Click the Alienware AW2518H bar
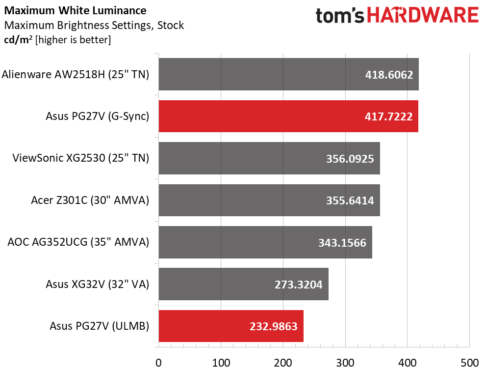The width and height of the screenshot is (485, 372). pyautogui.click(x=288, y=74)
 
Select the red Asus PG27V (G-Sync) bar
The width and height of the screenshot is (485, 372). pyautogui.click(x=288, y=116)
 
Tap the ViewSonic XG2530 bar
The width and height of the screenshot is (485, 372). pyautogui.click(x=269, y=158)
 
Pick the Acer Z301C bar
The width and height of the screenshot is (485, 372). pyautogui.click(x=269, y=200)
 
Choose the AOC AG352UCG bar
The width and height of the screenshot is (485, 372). pyautogui.click(x=265, y=242)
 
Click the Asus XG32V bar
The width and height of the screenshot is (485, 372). pyautogui.click(x=244, y=284)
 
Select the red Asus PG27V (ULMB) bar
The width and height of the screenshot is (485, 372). pyautogui.click(x=231, y=326)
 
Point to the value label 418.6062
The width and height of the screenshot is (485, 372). pyautogui.click(x=389, y=75)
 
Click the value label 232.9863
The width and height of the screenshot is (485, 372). pyautogui.click(x=274, y=326)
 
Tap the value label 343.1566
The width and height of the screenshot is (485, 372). pyautogui.click(x=342, y=243)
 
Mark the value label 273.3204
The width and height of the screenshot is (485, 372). pyautogui.click(x=299, y=285)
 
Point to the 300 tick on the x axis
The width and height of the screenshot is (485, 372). pyautogui.click(x=345, y=363)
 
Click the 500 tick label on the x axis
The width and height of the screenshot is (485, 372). pyautogui.click(x=469, y=363)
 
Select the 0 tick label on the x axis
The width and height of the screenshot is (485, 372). pyautogui.click(x=159, y=363)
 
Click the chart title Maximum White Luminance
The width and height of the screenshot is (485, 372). pyautogui.click(x=75, y=10)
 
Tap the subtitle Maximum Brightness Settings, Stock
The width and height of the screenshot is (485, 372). pyautogui.click(x=94, y=25)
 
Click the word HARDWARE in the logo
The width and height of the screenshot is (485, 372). pyautogui.click(x=423, y=15)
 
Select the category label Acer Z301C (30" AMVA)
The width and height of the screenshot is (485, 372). pyautogui.click(x=90, y=200)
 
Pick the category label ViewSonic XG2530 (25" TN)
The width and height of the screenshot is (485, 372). pyautogui.click(x=81, y=158)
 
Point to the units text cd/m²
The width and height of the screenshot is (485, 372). pyautogui.click(x=18, y=40)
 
